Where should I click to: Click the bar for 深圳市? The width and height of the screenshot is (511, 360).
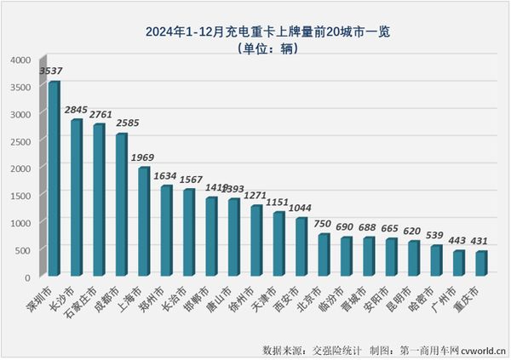(55, 179)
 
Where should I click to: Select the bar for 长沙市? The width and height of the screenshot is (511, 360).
(77, 197)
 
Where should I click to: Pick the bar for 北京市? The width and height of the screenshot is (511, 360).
(324, 254)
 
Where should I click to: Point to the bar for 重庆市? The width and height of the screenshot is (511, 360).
(482, 263)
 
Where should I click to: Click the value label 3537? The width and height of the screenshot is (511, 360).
(51, 71)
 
